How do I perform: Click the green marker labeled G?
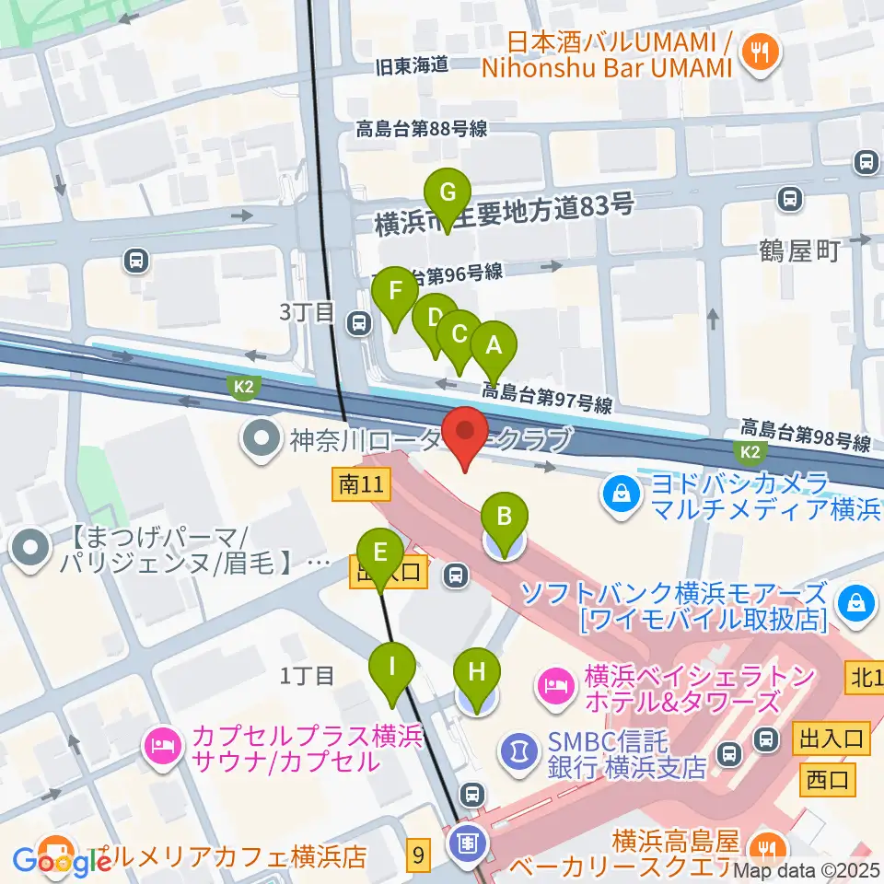click(448, 194)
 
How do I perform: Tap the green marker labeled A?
click(493, 347)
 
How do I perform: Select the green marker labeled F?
click(395, 294)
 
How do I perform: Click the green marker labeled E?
click(380, 554)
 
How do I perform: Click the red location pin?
click(465, 433)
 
